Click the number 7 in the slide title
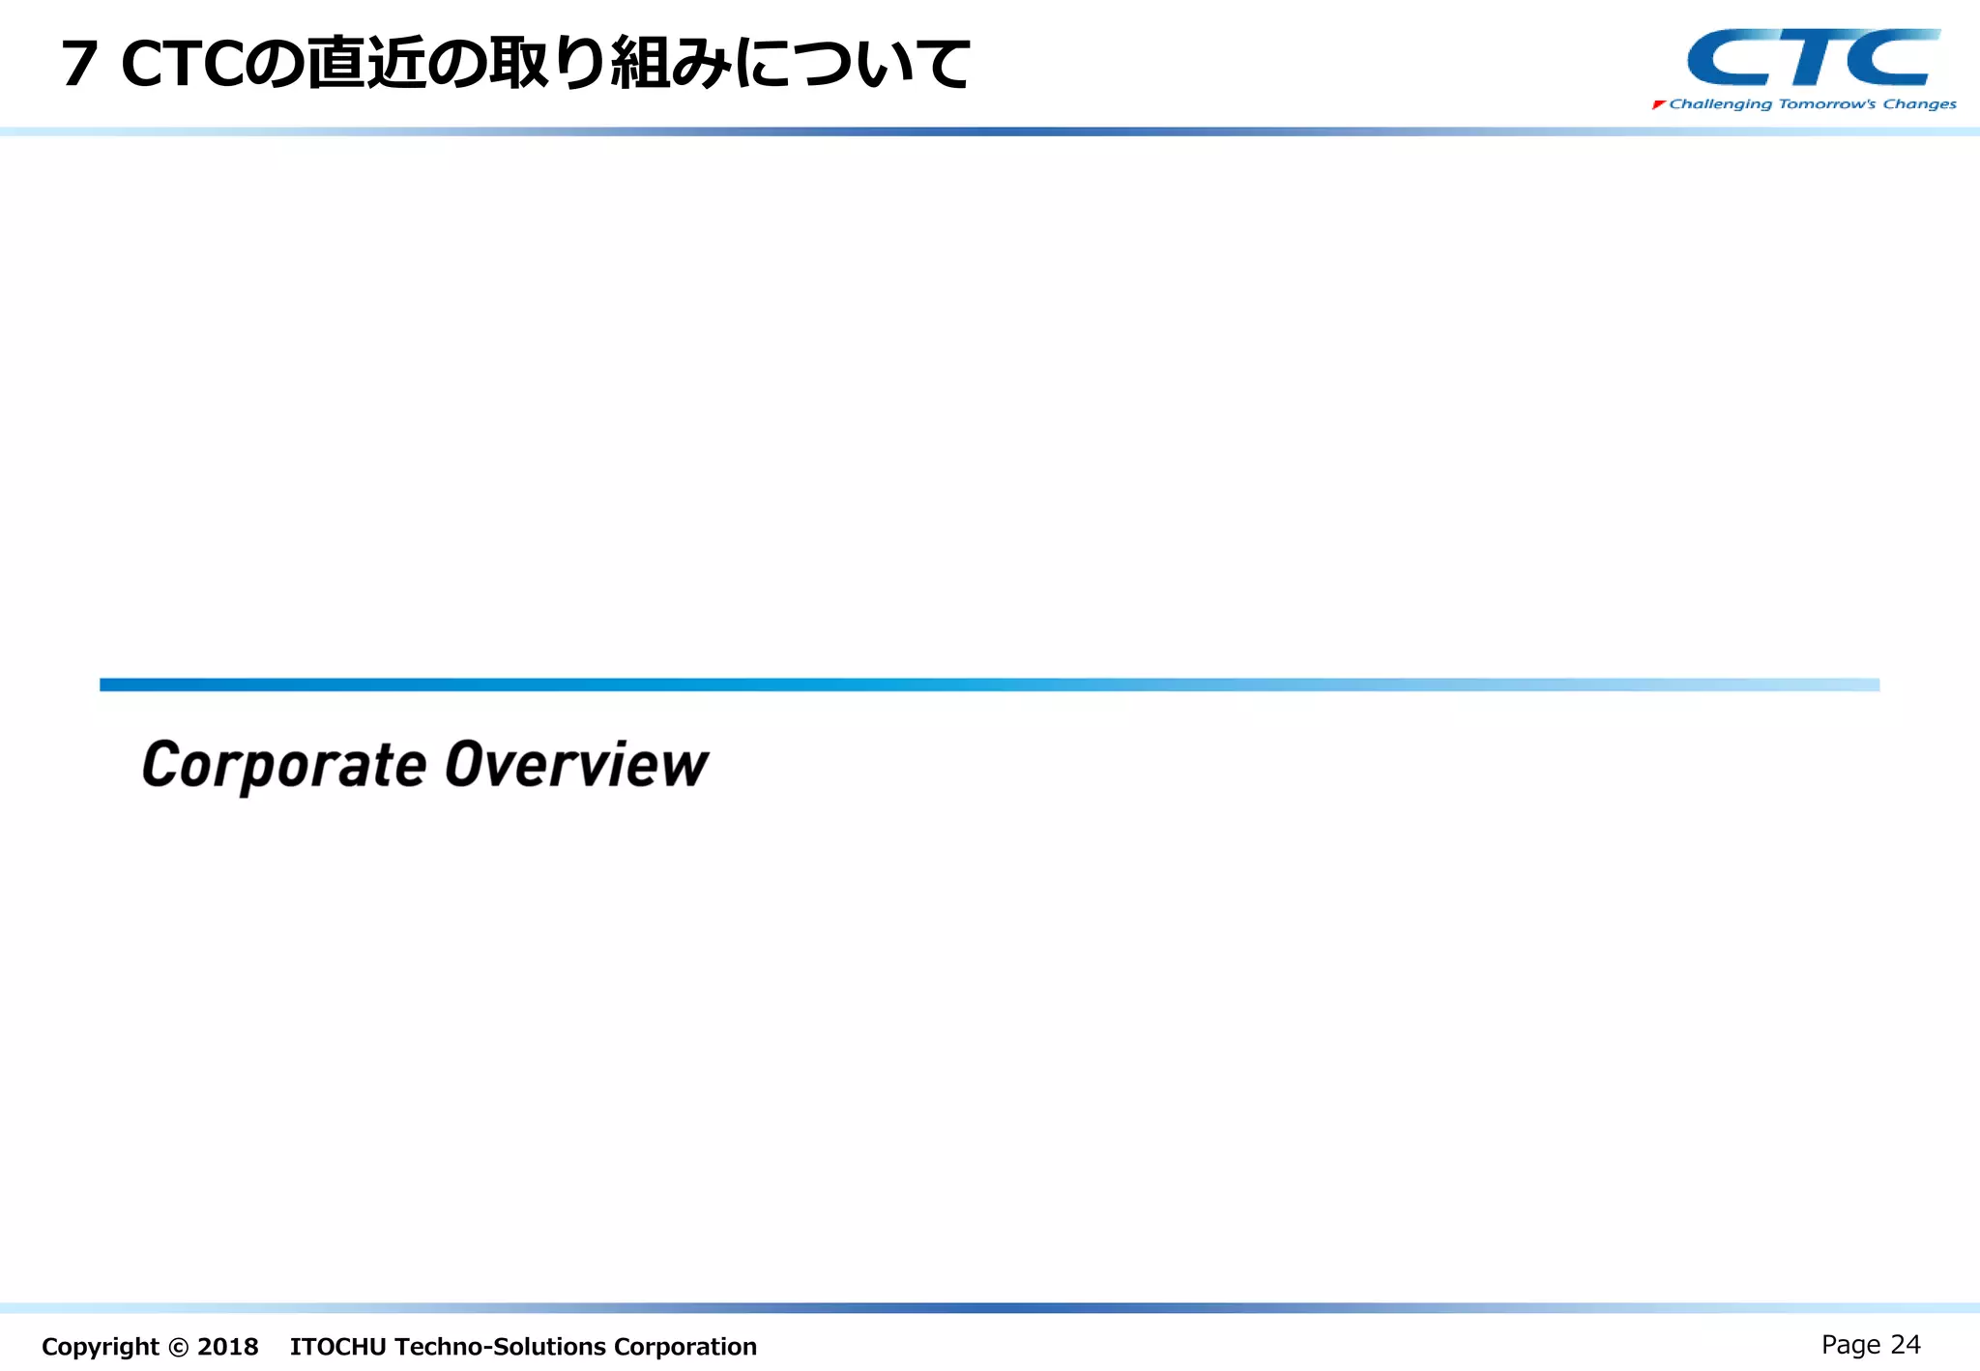[80, 65]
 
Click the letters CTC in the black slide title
[182, 65]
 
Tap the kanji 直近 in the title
[367, 64]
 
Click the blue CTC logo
[1813, 58]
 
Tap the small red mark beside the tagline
[1659, 104]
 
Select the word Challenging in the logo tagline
[1721, 104]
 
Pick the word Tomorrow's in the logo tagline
[1827, 104]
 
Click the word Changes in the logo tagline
[1919, 104]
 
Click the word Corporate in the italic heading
[284, 766]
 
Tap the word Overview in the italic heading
[576, 765]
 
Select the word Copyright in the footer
[100, 1347]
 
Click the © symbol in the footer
[178, 1347]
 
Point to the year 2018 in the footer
[228, 1347]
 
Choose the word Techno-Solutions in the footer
[500, 1347]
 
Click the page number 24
[1906, 1345]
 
